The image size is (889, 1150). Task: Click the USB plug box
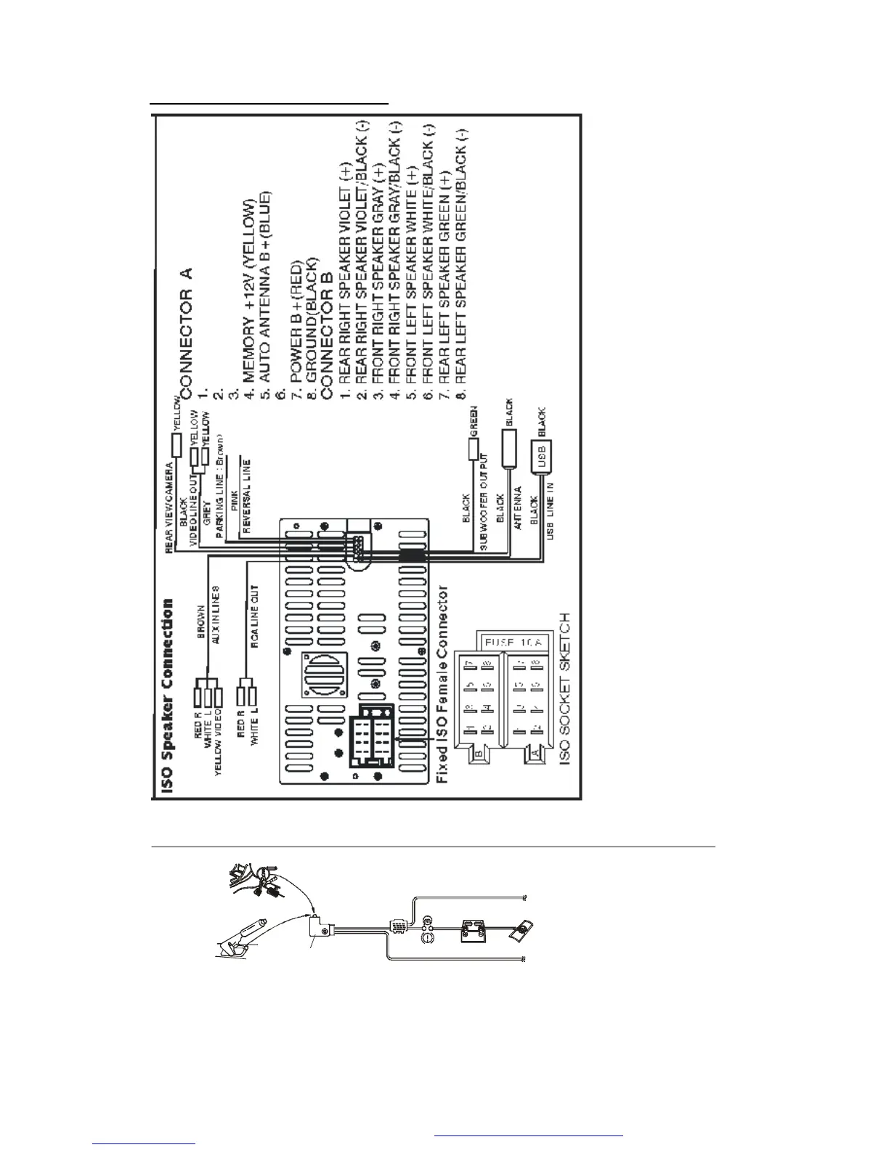point(542,457)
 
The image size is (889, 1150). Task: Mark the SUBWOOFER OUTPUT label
point(484,502)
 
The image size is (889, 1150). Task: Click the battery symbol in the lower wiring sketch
point(474,930)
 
